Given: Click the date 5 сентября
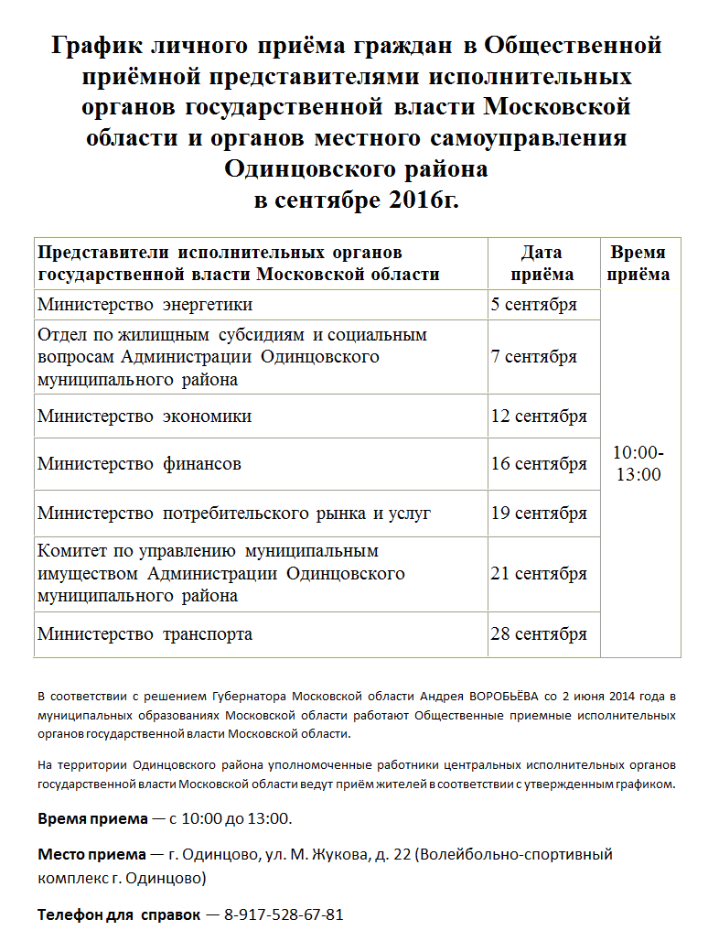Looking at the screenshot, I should tap(533, 305).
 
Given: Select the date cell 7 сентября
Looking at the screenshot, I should tap(533, 357).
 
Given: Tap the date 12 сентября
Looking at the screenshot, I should tap(539, 416).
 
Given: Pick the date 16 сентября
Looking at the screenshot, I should tap(539, 464).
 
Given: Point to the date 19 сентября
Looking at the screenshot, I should tap(539, 514).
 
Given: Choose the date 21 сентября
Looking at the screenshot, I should tap(539, 574).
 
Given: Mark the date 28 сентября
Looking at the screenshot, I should tap(539, 634).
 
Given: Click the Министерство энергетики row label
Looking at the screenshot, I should tap(145, 305).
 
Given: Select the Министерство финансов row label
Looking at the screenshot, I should tap(139, 464).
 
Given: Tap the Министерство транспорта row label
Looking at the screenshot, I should tap(145, 634).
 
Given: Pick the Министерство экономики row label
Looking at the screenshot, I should tap(145, 416).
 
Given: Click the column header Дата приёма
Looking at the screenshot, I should tap(542, 264).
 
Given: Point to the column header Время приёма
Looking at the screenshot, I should tap(639, 264).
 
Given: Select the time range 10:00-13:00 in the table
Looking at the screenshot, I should tap(639, 463).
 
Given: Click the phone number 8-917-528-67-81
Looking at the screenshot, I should tap(284, 914).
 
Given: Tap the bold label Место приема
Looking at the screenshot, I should tap(91, 854).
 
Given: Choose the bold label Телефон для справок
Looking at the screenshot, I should tap(118, 914).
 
